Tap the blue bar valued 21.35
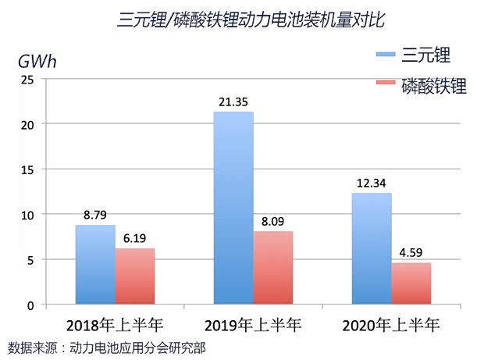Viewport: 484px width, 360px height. pos(233,208)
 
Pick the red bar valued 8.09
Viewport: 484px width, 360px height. pos(273,268)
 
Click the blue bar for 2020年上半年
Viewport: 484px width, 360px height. pos(372,248)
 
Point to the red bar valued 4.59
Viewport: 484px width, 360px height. pos(411,283)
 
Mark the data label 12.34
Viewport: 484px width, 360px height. pos(372,184)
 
